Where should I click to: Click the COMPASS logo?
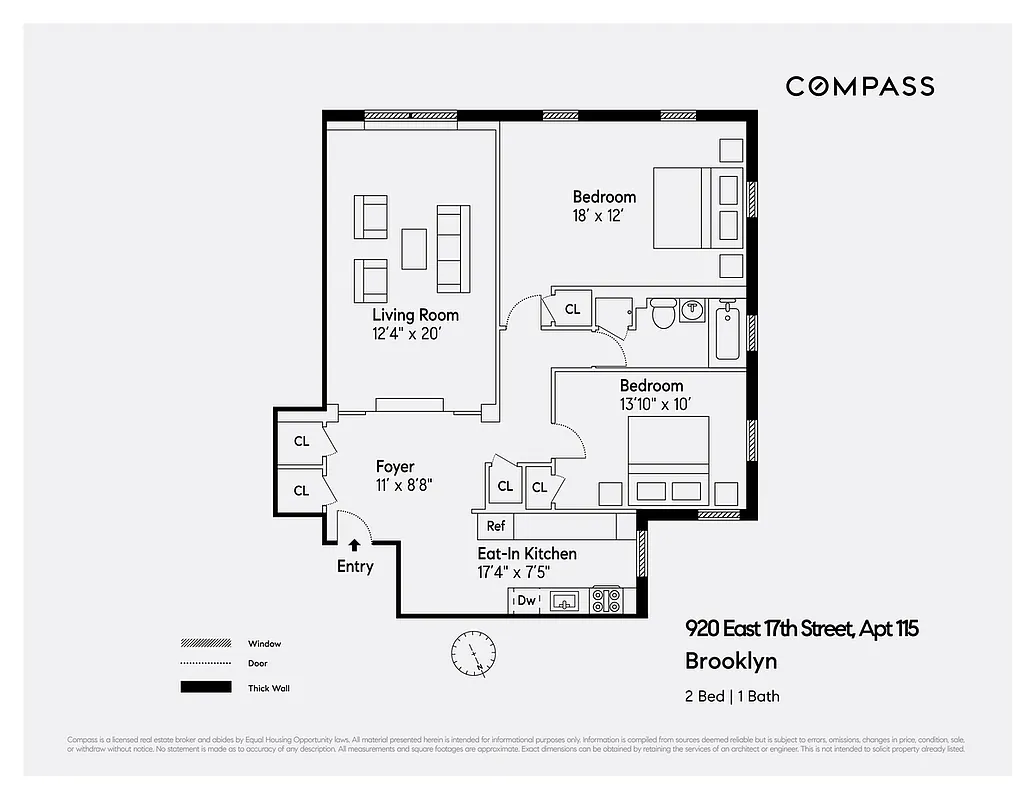pos(859,86)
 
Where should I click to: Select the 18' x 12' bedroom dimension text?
pos(598,216)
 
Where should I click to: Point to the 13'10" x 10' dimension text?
pos(656,404)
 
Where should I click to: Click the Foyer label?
pos(395,466)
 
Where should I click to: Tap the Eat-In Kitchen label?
pos(526,553)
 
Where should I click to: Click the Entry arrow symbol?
pos(355,545)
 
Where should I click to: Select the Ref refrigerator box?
pos(496,526)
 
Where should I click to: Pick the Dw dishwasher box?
pos(525,601)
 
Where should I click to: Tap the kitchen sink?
pos(565,601)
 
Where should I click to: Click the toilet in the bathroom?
pos(662,314)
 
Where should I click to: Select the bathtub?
pos(727,334)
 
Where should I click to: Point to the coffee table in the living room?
pos(414,249)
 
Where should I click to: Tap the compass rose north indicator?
pos(472,652)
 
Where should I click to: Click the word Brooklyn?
pos(730,661)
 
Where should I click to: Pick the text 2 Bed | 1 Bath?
pos(731,696)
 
